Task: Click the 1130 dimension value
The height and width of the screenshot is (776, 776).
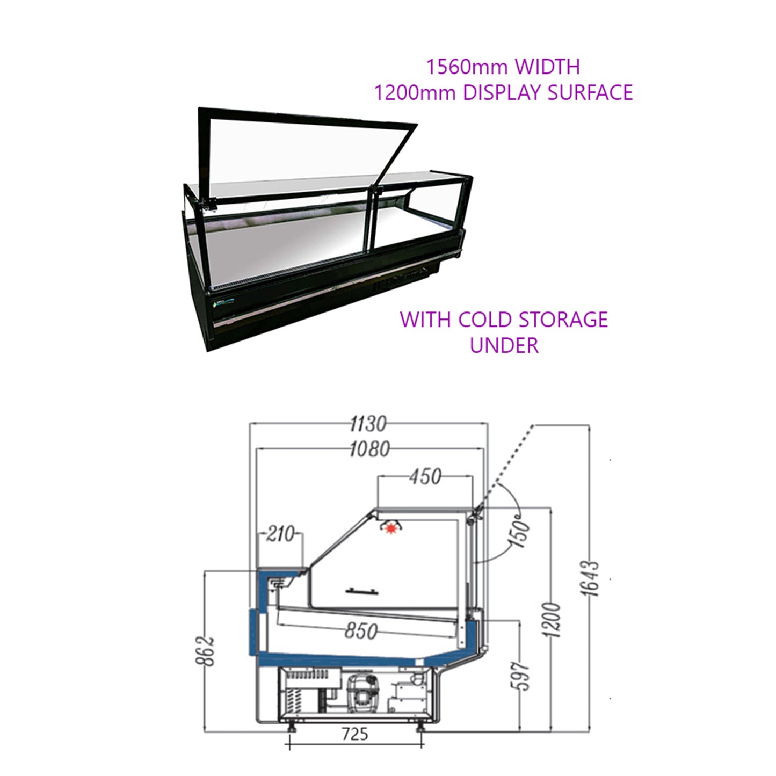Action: click(368, 424)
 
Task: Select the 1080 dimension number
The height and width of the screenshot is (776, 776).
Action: click(369, 449)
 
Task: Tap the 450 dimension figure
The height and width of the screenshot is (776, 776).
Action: click(425, 476)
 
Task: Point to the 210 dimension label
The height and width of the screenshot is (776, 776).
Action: click(280, 534)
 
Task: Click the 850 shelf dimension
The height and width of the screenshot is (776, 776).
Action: click(361, 631)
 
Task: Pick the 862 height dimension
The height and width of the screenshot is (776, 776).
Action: click(206, 651)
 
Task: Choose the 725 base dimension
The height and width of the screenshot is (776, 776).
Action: click(355, 734)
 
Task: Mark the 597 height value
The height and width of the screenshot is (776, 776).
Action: click(520, 676)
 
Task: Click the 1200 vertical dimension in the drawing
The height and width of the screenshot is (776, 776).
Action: click(552, 620)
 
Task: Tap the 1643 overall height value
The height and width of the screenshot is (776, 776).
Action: click(590, 578)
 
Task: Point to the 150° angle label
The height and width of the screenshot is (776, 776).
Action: click(519, 532)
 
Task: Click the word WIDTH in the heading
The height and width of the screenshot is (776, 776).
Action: click(547, 67)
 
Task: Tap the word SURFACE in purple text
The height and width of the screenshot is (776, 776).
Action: click(590, 92)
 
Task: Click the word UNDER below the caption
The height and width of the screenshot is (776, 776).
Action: click(504, 345)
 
